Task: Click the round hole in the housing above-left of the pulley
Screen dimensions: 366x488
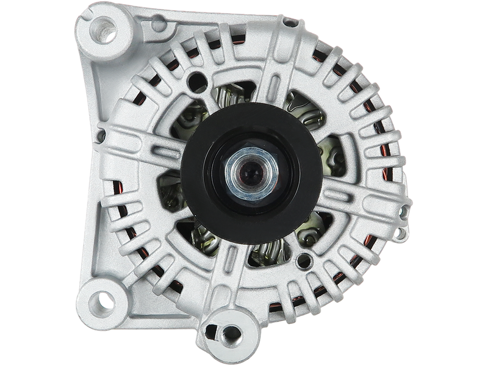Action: (x=195, y=79)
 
